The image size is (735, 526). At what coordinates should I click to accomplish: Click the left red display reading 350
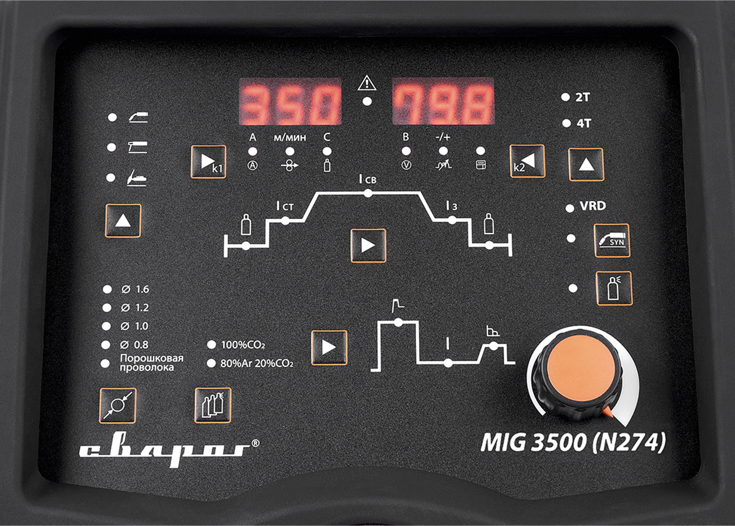point(289,102)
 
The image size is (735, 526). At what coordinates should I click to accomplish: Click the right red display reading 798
point(443,102)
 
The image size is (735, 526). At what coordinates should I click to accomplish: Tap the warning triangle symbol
point(367,83)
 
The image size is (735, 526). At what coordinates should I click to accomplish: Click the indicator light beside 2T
point(565,97)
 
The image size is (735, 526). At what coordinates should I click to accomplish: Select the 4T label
point(584,123)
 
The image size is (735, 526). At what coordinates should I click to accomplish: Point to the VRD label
point(593,206)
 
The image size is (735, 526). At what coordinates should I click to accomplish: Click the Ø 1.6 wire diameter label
point(135,289)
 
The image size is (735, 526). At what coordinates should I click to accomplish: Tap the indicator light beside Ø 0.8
point(106,344)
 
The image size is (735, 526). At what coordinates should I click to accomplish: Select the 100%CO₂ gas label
point(243,344)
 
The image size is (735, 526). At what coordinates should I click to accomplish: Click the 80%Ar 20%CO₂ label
point(257,363)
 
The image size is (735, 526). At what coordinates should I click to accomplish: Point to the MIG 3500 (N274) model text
point(573,442)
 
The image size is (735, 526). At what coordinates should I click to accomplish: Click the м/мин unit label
point(289,137)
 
